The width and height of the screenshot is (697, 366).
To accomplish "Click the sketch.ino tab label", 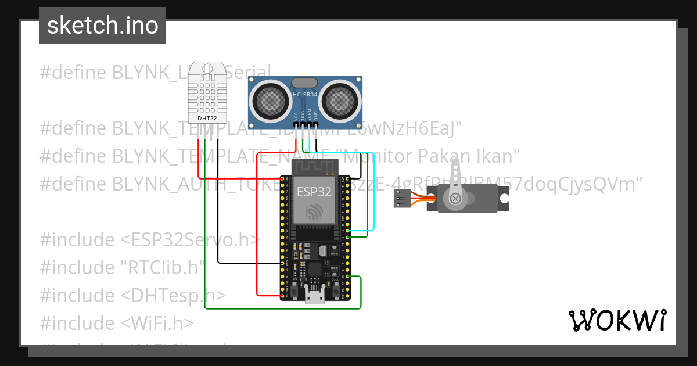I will (103, 26).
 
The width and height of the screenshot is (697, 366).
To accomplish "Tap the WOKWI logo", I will (617, 320).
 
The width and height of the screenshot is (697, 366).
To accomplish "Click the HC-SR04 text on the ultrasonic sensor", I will (305, 94).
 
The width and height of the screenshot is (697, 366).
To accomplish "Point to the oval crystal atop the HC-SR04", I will (304, 82).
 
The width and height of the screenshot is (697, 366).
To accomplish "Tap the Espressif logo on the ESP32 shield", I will (315, 212).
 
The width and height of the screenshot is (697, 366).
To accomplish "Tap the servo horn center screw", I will (455, 199).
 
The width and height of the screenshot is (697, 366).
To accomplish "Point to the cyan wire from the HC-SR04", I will (367, 192).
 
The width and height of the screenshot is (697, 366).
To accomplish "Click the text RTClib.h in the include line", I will (163, 267).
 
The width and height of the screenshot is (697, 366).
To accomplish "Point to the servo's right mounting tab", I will (504, 199).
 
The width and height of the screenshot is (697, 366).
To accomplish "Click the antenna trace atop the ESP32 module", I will (314, 168).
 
